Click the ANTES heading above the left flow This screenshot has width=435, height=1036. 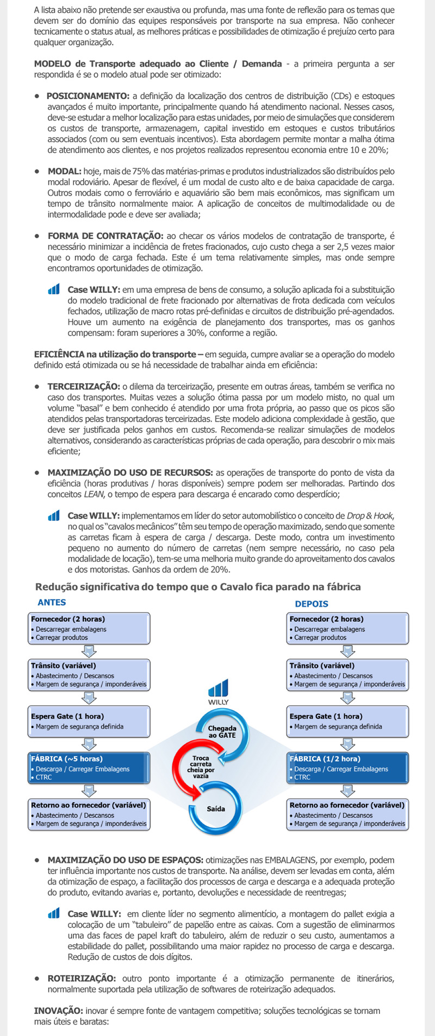pyautogui.click(x=52, y=602)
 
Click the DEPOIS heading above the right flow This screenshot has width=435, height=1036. pyautogui.click(x=312, y=603)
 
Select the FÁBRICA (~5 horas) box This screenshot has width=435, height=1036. pyautogui.click(x=89, y=767)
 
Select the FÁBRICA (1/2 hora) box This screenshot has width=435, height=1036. pyautogui.click(x=347, y=767)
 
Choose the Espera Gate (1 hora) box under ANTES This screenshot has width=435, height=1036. pyautogui.click(x=89, y=721)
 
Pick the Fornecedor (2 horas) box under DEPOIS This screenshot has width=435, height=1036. pyautogui.click(x=347, y=628)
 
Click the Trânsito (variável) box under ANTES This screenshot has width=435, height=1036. pyautogui.click(x=89, y=674)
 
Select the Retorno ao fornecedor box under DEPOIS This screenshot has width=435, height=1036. pyautogui.click(x=347, y=814)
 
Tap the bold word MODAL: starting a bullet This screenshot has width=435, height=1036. pyautogui.click(x=64, y=172)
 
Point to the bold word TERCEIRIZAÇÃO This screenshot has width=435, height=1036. pyautogui.click(x=84, y=387)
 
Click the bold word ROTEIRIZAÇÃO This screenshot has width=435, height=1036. pyautogui.click(x=82, y=978)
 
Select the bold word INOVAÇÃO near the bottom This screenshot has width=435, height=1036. pyautogui.click(x=58, y=1010)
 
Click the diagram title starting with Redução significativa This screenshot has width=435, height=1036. pyautogui.click(x=198, y=586)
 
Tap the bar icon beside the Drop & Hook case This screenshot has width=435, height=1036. pyautogui.click(x=53, y=515)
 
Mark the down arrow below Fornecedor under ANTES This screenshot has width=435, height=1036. pyautogui.click(x=89, y=651)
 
